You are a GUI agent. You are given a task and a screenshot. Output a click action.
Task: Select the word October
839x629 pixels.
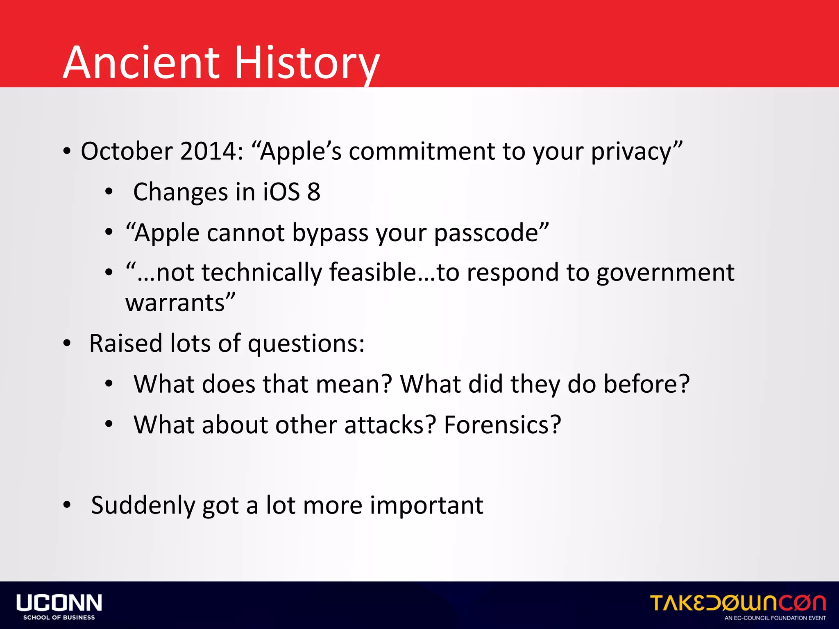[127, 151]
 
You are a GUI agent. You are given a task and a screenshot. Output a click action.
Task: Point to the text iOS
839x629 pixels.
[281, 192]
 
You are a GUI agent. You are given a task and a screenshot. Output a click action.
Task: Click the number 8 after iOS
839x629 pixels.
[314, 192]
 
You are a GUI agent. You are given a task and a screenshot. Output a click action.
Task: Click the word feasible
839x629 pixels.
[373, 272]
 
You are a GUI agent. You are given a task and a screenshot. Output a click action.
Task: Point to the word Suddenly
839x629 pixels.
[143, 505]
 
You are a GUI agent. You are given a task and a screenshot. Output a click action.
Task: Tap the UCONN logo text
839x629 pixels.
[59, 603]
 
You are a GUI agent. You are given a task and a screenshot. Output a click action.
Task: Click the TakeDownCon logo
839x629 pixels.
[738, 603]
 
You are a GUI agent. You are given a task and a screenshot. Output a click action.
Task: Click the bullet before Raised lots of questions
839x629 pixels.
[67, 343]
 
